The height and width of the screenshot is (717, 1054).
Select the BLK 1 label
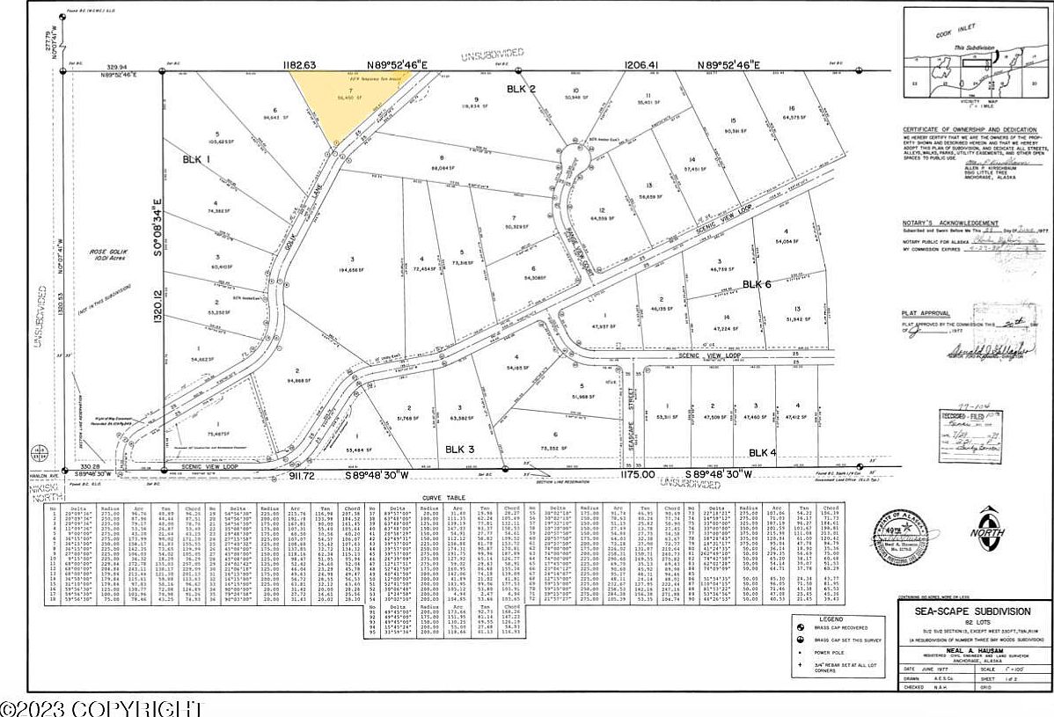(x=195, y=159)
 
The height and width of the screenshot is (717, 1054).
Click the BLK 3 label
(x=460, y=449)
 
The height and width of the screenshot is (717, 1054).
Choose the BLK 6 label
(x=757, y=284)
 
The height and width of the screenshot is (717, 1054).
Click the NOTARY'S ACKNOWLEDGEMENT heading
(x=949, y=224)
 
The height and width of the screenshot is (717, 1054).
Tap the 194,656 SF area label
(x=351, y=272)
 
